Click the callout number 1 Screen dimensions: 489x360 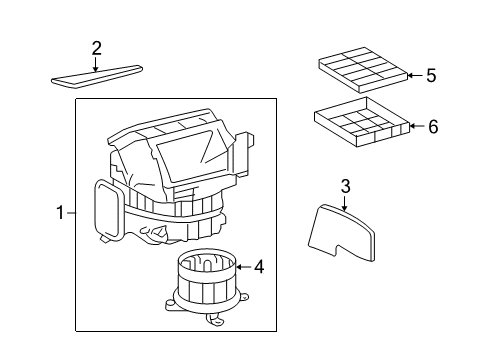[x=60, y=213]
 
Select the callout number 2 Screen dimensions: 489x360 [x=96, y=49]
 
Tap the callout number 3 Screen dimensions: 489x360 [x=346, y=186]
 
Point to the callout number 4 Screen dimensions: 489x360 [x=259, y=267]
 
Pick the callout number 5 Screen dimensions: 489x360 [x=431, y=75]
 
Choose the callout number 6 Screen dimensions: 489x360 [x=433, y=127]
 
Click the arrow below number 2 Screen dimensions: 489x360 [x=96, y=64]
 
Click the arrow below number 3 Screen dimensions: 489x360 [x=344, y=203]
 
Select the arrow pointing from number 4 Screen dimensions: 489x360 [x=243, y=267]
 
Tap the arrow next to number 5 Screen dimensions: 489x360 [x=415, y=75]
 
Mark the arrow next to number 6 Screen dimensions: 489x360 [x=417, y=126]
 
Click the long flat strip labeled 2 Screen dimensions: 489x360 [x=97, y=77]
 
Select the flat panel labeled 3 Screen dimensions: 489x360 [x=341, y=232]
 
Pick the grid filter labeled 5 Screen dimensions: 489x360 [x=363, y=70]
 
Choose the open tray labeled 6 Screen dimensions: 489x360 [x=362, y=122]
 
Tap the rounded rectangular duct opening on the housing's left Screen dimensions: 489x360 [x=108, y=209]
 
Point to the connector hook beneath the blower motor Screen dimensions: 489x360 [x=215, y=321]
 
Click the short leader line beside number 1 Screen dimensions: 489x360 [x=71, y=213]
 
